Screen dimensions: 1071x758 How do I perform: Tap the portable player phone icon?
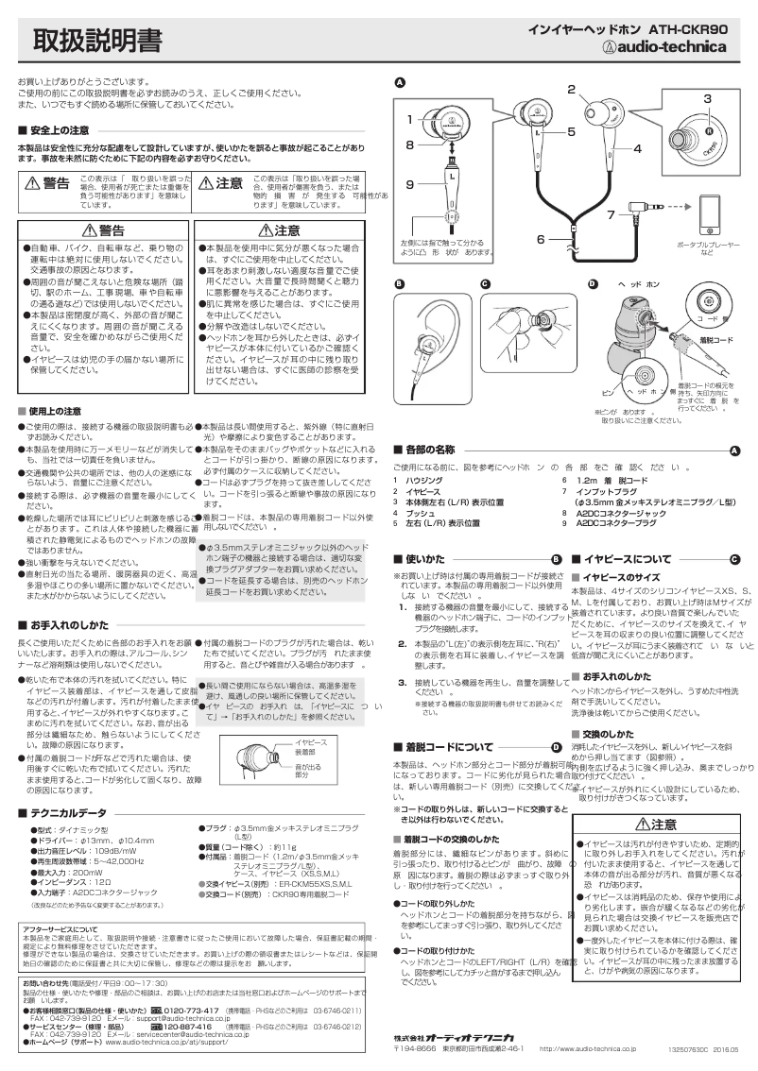click(x=715, y=218)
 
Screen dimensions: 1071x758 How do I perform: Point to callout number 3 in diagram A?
click(x=706, y=98)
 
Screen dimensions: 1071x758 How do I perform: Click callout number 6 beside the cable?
click(x=542, y=238)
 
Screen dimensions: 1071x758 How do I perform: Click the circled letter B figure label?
click(x=400, y=284)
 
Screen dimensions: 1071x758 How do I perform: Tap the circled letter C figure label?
click(x=485, y=284)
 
